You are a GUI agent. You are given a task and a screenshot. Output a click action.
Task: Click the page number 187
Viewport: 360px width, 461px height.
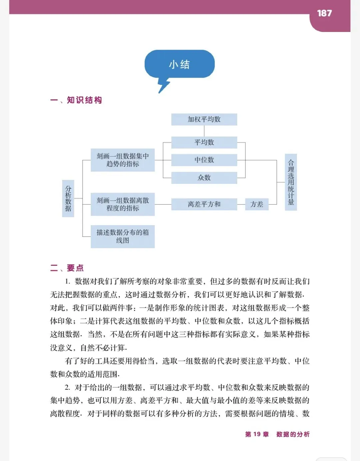pyautogui.click(x=324, y=13)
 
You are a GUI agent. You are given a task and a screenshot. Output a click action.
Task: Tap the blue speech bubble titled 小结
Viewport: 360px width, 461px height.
pyautogui.click(x=179, y=64)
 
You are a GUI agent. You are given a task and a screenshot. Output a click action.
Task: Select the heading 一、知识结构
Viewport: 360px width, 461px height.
pyautogui.click(x=76, y=100)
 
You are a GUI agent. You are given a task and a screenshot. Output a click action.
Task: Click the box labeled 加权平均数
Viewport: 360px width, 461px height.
pyautogui.click(x=204, y=119)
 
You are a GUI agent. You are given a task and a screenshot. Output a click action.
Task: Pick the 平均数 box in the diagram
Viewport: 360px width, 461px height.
pyautogui.click(x=204, y=143)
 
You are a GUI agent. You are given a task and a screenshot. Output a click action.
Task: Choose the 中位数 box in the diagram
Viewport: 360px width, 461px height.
pyautogui.click(x=204, y=160)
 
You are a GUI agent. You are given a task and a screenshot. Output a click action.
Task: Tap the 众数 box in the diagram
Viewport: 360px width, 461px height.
pyautogui.click(x=204, y=178)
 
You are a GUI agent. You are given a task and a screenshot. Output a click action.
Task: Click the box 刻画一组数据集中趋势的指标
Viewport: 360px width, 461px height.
pyautogui.click(x=123, y=160)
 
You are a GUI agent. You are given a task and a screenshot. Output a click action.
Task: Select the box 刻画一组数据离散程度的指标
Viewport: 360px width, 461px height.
pyautogui.click(x=123, y=204)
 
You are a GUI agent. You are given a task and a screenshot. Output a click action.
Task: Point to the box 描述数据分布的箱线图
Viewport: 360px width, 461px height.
pyautogui.click(x=123, y=236)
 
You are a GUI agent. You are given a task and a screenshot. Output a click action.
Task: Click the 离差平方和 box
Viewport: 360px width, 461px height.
pyautogui.click(x=204, y=204)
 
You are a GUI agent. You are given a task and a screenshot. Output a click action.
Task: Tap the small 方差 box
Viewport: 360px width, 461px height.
pyautogui.click(x=257, y=204)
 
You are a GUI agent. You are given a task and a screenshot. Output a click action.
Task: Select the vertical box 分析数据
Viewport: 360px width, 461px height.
pyautogui.click(x=68, y=198)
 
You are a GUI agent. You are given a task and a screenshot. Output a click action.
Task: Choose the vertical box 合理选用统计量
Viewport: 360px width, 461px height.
pyautogui.click(x=291, y=182)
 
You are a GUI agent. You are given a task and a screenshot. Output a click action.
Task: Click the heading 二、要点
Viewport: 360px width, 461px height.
pyautogui.click(x=67, y=268)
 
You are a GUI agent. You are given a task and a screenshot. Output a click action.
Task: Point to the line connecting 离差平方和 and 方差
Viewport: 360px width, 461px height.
pyautogui.click(x=241, y=204)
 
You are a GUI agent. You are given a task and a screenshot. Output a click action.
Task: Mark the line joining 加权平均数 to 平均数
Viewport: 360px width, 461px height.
pyautogui.click(x=204, y=131)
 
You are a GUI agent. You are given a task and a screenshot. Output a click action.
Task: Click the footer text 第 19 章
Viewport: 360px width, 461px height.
pyautogui.click(x=257, y=434)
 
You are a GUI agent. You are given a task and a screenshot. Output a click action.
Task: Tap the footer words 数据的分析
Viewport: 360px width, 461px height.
pyautogui.click(x=293, y=434)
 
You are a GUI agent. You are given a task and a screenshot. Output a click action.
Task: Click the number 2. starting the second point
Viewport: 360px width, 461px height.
pyautogui.click(x=67, y=387)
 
